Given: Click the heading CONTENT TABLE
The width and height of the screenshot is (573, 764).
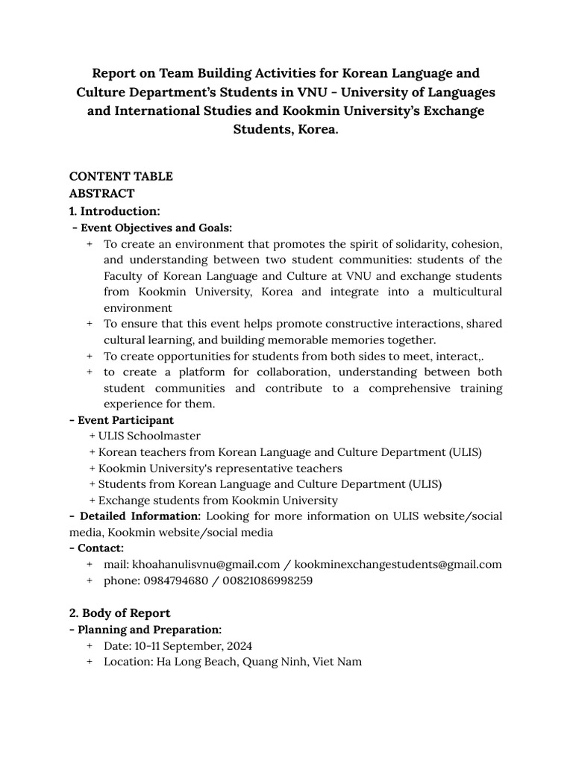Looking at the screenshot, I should (x=121, y=176).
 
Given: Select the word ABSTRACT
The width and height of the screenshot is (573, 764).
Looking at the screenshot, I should (x=102, y=193).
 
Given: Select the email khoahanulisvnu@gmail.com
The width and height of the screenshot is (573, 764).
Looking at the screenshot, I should (x=206, y=564).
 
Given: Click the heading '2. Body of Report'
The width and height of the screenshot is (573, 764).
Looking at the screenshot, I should (x=119, y=613).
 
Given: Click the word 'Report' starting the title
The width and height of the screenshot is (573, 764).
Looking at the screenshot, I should (x=116, y=73).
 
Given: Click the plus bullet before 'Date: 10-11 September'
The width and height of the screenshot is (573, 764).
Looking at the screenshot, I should (x=90, y=645).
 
